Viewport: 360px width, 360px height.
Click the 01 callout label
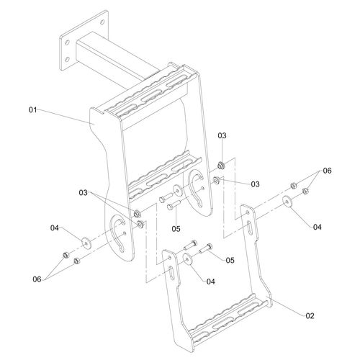coord(33,110)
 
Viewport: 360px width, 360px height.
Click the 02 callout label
coord(310,316)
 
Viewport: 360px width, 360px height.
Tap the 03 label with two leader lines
coord(84,193)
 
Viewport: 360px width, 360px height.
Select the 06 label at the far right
coord(327,171)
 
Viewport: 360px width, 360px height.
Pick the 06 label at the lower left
coord(37,279)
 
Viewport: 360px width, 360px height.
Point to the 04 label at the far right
coord(318,227)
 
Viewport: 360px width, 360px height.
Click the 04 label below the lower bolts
coord(210,282)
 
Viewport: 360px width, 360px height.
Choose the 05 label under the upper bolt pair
coord(176,229)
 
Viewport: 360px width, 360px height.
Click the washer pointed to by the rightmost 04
coord(287,202)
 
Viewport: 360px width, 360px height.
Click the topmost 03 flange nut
coord(221,166)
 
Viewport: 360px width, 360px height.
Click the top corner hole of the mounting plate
coord(102,22)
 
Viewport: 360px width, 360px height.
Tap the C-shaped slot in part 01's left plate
coord(117,235)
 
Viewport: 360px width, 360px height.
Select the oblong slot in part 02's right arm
coord(250,227)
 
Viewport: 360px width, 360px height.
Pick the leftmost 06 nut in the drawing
coord(65,255)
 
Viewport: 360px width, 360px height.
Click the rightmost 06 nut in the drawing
coord(305,191)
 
